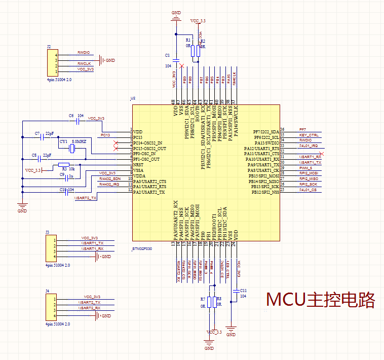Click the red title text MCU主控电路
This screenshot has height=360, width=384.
[321, 300]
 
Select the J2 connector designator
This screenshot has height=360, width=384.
[49, 46]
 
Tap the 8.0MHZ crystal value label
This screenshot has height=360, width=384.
[79, 141]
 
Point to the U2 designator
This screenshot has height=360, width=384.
[133, 98]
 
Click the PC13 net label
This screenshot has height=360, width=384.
[105, 135]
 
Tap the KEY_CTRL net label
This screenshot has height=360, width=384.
[309, 135]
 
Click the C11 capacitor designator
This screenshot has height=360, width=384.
[243, 290]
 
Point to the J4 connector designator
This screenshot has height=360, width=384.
[47, 291]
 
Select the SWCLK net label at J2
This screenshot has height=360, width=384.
[84, 63]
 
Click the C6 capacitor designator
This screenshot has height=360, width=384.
[71, 116]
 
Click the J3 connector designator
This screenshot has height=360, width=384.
[47, 232]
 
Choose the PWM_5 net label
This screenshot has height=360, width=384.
[305, 168]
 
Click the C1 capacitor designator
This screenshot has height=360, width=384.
[168, 55]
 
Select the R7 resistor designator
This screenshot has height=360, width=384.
[203, 299]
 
